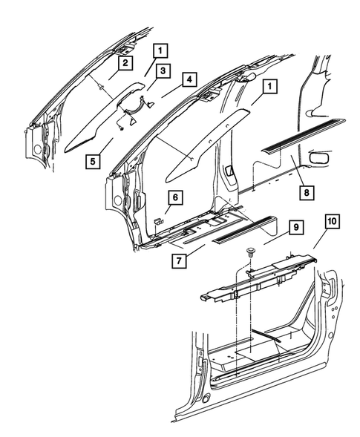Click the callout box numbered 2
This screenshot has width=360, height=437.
pos(126,63)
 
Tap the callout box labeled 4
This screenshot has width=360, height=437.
pos(190,79)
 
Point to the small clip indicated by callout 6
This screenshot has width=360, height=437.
pos(158,221)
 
